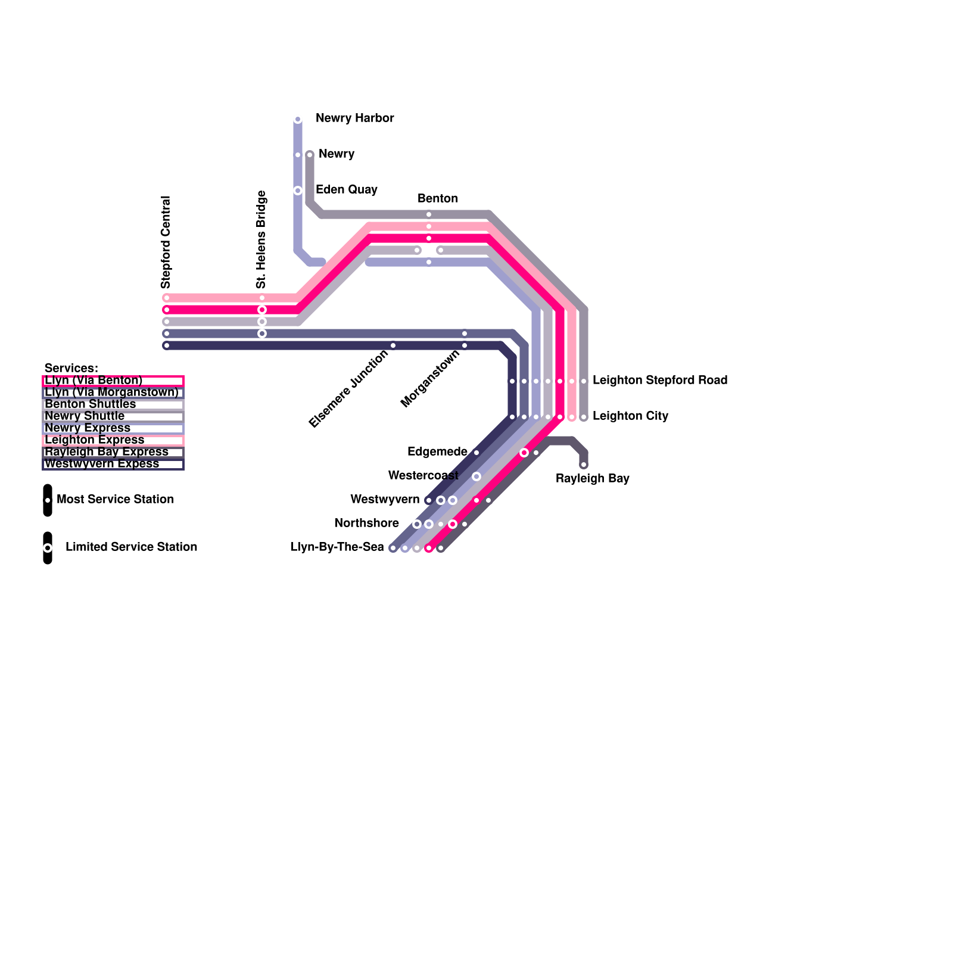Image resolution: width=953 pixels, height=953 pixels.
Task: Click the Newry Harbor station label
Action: [354, 118]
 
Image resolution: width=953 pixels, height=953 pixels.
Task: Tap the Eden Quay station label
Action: [346, 189]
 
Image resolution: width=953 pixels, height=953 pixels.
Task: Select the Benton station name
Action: [438, 198]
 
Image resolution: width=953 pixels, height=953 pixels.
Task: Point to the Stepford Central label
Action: [166, 242]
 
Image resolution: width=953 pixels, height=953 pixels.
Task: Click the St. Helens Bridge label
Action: [261, 239]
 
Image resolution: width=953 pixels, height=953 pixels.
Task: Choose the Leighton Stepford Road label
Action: [660, 380]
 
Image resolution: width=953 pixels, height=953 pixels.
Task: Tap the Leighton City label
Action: [630, 416]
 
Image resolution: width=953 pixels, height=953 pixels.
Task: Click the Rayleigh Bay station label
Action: [592, 478]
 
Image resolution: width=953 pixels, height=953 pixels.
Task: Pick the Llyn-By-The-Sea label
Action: [337, 547]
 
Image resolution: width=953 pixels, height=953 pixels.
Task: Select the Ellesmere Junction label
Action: [348, 388]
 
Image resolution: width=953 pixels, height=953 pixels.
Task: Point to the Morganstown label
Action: [430, 379]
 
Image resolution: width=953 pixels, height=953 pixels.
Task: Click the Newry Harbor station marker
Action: [298, 120]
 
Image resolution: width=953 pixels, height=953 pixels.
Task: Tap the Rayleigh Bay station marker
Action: [584, 465]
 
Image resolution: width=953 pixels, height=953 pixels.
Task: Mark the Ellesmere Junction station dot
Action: [393, 345]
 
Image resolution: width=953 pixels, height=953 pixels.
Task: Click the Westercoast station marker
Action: [476, 476]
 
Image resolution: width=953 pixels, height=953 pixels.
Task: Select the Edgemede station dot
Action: [476, 453]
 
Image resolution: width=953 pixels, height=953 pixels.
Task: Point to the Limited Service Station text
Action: [131, 547]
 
